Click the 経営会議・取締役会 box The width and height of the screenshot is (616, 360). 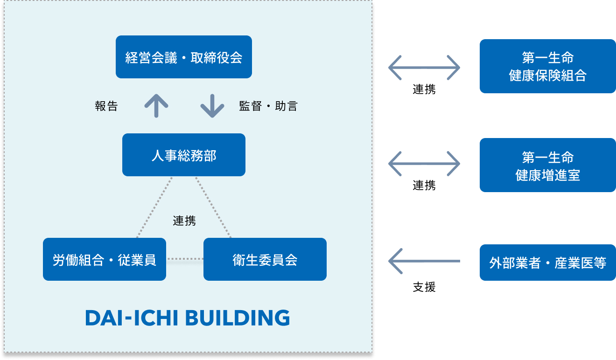[x=184, y=57]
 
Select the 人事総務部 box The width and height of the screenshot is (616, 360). [x=184, y=155]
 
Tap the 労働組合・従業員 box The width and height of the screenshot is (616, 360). [x=105, y=259]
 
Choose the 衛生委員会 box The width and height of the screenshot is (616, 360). [x=265, y=259]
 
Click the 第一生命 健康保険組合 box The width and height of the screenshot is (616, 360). [x=548, y=66]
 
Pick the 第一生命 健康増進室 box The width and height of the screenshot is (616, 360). [x=548, y=165]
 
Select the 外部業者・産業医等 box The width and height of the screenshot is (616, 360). [x=548, y=263]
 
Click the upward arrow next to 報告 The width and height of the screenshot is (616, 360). [x=156, y=106]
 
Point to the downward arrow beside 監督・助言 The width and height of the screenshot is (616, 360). [x=212, y=106]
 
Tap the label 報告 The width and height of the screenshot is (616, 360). [x=106, y=106]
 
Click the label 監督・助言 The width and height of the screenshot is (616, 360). [x=268, y=106]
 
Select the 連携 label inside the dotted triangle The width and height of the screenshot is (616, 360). [x=184, y=221]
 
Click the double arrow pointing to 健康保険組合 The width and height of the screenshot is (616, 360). [x=424, y=68]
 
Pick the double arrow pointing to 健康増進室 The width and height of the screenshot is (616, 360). [x=424, y=164]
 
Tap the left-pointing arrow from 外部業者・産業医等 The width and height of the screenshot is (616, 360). [x=424, y=261]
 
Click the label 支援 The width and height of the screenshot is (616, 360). [x=424, y=287]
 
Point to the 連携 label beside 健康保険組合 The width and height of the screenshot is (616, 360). [x=424, y=90]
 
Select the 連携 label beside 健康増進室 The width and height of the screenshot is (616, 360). [x=424, y=185]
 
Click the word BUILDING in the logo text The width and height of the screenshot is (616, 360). [x=238, y=318]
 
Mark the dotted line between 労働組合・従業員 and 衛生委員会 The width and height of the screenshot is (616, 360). [x=185, y=259]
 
